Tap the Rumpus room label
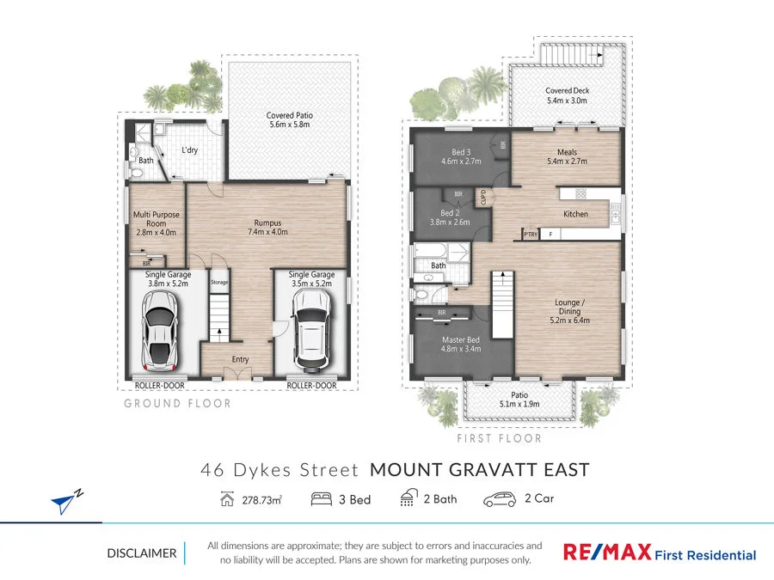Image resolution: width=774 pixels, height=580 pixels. [267, 226]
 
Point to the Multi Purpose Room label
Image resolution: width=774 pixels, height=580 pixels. [156, 223]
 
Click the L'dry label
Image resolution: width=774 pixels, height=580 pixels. [190, 150]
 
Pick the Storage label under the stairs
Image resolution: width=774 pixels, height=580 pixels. [219, 281]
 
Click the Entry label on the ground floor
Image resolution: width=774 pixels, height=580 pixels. [240, 360]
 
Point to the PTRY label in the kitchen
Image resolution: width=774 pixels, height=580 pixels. [530, 234]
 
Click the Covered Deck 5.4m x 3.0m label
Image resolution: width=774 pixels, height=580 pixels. [566, 95]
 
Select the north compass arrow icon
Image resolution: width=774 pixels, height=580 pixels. [64, 502]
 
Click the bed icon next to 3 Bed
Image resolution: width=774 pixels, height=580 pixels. [322, 498]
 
